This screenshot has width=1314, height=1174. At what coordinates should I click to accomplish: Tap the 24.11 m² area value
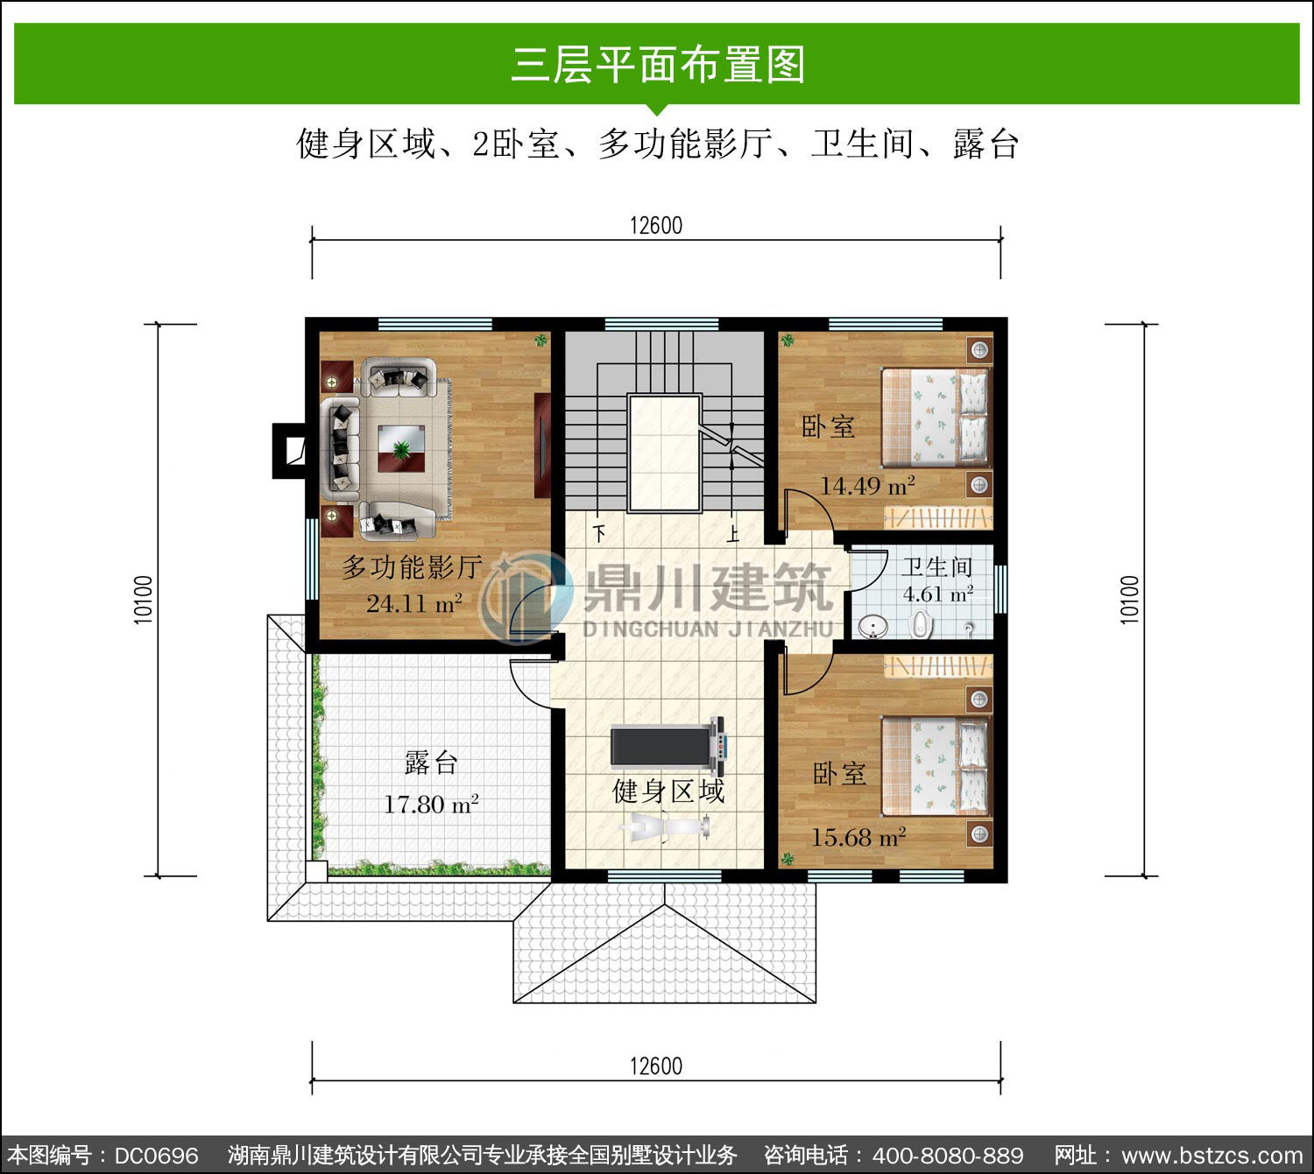click(x=413, y=603)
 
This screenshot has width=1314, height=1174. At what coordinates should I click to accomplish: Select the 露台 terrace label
click(x=431, y=763)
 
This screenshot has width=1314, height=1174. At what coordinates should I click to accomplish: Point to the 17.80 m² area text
click(x=431, y=805)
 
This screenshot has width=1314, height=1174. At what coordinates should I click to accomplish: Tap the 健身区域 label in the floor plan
click(x=668, y=791)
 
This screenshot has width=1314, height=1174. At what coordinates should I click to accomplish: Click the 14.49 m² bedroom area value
click(x=868, y=486)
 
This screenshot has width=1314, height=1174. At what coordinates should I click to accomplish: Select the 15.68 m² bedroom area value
click(x=858, y=838)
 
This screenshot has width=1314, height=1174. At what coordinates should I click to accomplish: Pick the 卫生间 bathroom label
click(x=937, y=567)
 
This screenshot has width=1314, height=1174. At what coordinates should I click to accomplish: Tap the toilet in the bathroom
click(x=922, y=625)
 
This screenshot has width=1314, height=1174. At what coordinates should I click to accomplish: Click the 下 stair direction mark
click(x=599, y=534)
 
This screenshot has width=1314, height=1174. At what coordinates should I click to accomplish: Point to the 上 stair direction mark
click(x=733, y=534)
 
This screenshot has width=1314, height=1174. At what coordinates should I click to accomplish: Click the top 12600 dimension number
click(x=656, y=226)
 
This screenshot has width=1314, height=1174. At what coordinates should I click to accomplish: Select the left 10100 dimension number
click(x=144, y=600)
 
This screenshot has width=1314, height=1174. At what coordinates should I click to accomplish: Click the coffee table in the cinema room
click(x=401, y=448)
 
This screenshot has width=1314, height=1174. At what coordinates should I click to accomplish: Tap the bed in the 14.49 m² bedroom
click(x=936, y=418)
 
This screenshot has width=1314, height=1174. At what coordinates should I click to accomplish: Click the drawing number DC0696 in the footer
click(x=156, y=1156)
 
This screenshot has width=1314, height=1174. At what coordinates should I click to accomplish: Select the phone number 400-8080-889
click(x=948, y=1156)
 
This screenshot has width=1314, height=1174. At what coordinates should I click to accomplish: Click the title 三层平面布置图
click(x=657, y=64)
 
